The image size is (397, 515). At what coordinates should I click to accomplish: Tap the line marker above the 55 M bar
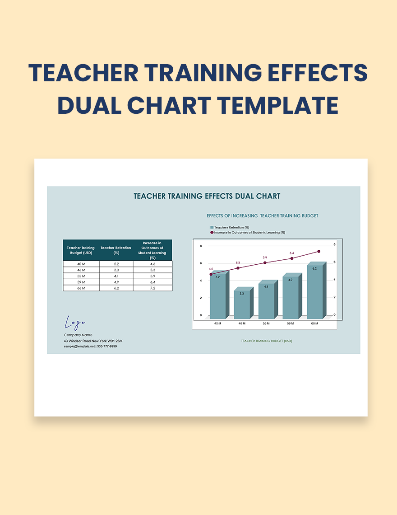(x=265, y=263)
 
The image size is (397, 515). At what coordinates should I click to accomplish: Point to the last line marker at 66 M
(x=319, y=251)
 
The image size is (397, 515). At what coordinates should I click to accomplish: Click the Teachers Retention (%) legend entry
(x=230, y=227)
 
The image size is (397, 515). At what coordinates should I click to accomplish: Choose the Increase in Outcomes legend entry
(x=248, y=233)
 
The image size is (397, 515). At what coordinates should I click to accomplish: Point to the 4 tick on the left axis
(x=201, y=281)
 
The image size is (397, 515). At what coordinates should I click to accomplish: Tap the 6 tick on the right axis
(x=334, y=262)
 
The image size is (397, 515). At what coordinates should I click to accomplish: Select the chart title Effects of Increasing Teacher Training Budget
(x=262, y=216)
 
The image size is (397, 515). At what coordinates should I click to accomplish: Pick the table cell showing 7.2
(x=152, y=288)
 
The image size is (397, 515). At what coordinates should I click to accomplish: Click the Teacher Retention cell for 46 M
(x=116, y=270)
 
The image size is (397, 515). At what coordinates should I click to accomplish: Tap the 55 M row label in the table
(x=81, y=276)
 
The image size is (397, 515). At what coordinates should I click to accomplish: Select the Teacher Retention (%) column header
(x=116, y=250)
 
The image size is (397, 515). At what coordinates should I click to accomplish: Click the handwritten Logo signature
(x=75, y=323)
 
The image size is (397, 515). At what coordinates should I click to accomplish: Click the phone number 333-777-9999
(x=107, y=346)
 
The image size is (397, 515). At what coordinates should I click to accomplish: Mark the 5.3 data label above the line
(x=238, y=262)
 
